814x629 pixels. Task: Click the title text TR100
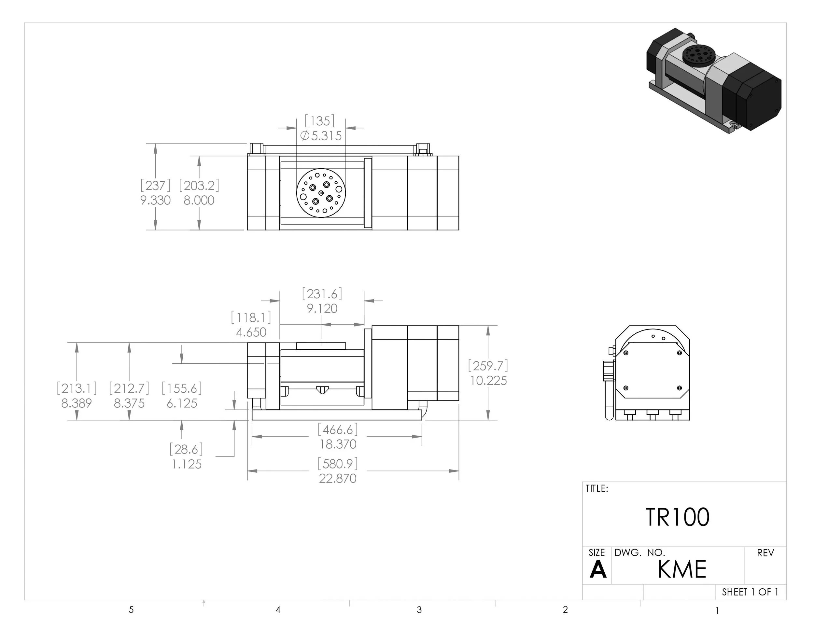[677, 517]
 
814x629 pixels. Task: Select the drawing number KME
[682, 569]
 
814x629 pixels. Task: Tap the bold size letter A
[598, 570]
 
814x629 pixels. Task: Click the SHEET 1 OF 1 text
[750, 592]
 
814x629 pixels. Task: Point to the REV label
[765, 553]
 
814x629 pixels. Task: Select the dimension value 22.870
[338, 479]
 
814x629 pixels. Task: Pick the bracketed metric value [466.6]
[338, 430]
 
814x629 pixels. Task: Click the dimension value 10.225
[488, 381]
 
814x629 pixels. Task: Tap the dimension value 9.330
[155, 201]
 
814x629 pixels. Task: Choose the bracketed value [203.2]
[199, 186]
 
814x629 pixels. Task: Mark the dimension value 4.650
[251, 332]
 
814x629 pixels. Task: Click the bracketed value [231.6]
[322, 294]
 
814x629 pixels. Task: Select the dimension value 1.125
[186, 464]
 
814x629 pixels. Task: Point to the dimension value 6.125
[182, 403]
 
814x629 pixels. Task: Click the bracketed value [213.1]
[77, 389]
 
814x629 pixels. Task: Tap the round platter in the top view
[321, 193]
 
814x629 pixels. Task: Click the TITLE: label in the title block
[597, 489]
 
